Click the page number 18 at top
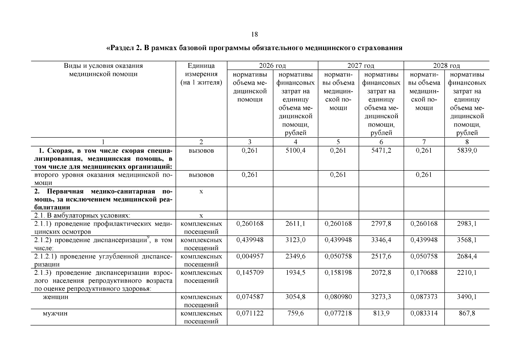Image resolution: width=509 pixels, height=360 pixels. point(254,34)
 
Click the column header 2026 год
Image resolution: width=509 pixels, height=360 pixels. point(272,66)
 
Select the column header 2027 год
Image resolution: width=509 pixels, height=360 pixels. point(361,66)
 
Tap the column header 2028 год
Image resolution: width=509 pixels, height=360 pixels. point(446,66)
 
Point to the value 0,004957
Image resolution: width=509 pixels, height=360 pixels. point(250,256)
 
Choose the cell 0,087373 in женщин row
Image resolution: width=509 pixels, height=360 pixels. point(424,297)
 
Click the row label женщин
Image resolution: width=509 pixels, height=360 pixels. point(55,297)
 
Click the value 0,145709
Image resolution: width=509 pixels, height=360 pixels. point(250,273)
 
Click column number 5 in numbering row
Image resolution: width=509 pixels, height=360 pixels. point(338,142)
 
